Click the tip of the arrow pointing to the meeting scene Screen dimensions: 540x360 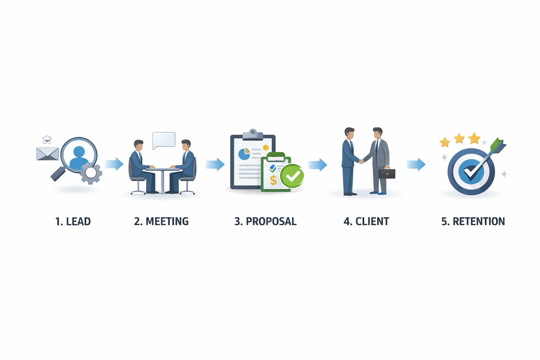coord(124,164)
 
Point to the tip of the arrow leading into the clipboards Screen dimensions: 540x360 coord(225,165)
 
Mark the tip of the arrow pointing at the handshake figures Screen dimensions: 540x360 coord(327,165)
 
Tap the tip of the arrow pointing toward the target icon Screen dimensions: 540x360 coord(425,165)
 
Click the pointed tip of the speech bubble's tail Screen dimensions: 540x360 coord(154,149)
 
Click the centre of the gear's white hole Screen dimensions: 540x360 coord(91,173)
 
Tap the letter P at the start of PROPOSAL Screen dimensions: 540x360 coord(249,221)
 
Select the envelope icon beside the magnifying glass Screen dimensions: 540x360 coord(47,154)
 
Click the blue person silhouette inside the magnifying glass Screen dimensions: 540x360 coord(79,158)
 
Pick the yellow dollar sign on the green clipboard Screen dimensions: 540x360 coord(273,180)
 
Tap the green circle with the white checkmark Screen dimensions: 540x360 coord(292,176)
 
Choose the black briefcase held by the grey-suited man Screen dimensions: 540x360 coord(387,173)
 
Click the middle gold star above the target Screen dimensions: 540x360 coord(459,138)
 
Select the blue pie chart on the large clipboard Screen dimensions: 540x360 coord(244,154)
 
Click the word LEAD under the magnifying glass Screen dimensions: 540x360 coord(78,221)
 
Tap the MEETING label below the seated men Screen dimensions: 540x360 coord(167,221)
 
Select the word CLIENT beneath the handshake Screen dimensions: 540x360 coord(372,221)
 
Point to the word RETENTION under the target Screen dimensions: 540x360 coord(479,221)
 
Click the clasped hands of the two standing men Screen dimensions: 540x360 coord(361,162)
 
